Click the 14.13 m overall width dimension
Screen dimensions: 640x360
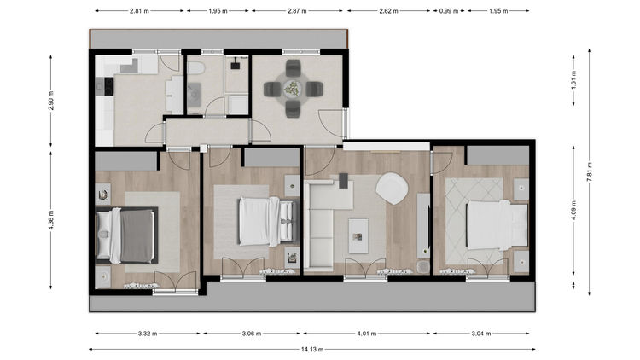click(312, 350)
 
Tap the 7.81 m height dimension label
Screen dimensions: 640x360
click(590, 171)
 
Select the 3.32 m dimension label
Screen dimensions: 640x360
click(148, 334)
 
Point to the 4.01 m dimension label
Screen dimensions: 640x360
click(367, 334)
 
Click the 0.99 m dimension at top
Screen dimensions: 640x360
click(449, 11)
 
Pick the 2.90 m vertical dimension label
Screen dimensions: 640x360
click(51, 101)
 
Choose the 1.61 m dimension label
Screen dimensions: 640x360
click(573, 80)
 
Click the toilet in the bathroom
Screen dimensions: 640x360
click(195, 67)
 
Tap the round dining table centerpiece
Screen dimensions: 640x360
click(293, 89)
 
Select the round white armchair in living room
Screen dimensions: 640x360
click(392, 189)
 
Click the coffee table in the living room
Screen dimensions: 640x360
click(358, 236)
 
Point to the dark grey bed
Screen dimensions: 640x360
click(126, 235)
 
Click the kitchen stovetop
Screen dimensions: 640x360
click(108, 86)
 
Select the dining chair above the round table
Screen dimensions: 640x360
click(293, 67)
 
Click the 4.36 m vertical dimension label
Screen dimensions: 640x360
click(51, 220)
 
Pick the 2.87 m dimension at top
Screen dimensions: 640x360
click(297, 11)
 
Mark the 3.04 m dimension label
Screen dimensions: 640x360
click(481, 334)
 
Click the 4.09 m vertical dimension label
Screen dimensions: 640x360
click(573, 211)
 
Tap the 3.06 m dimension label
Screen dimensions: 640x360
click(252, 334)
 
